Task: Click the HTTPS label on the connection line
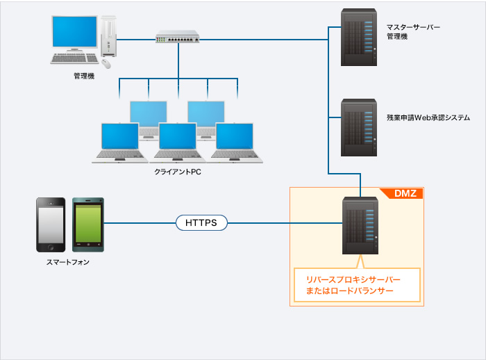coord(201,223)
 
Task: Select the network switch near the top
coord(177,36)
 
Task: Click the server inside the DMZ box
coord(360,227)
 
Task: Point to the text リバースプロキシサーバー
coord(353,279)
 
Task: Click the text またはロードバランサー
coord(349,291)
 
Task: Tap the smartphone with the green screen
coord(88,224)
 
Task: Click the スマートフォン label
coord(67,263)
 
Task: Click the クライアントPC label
coord(178,172)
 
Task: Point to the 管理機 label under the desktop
coord(83,76)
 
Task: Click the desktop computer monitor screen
coord(75,33)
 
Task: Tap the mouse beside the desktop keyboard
coord(106,63)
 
